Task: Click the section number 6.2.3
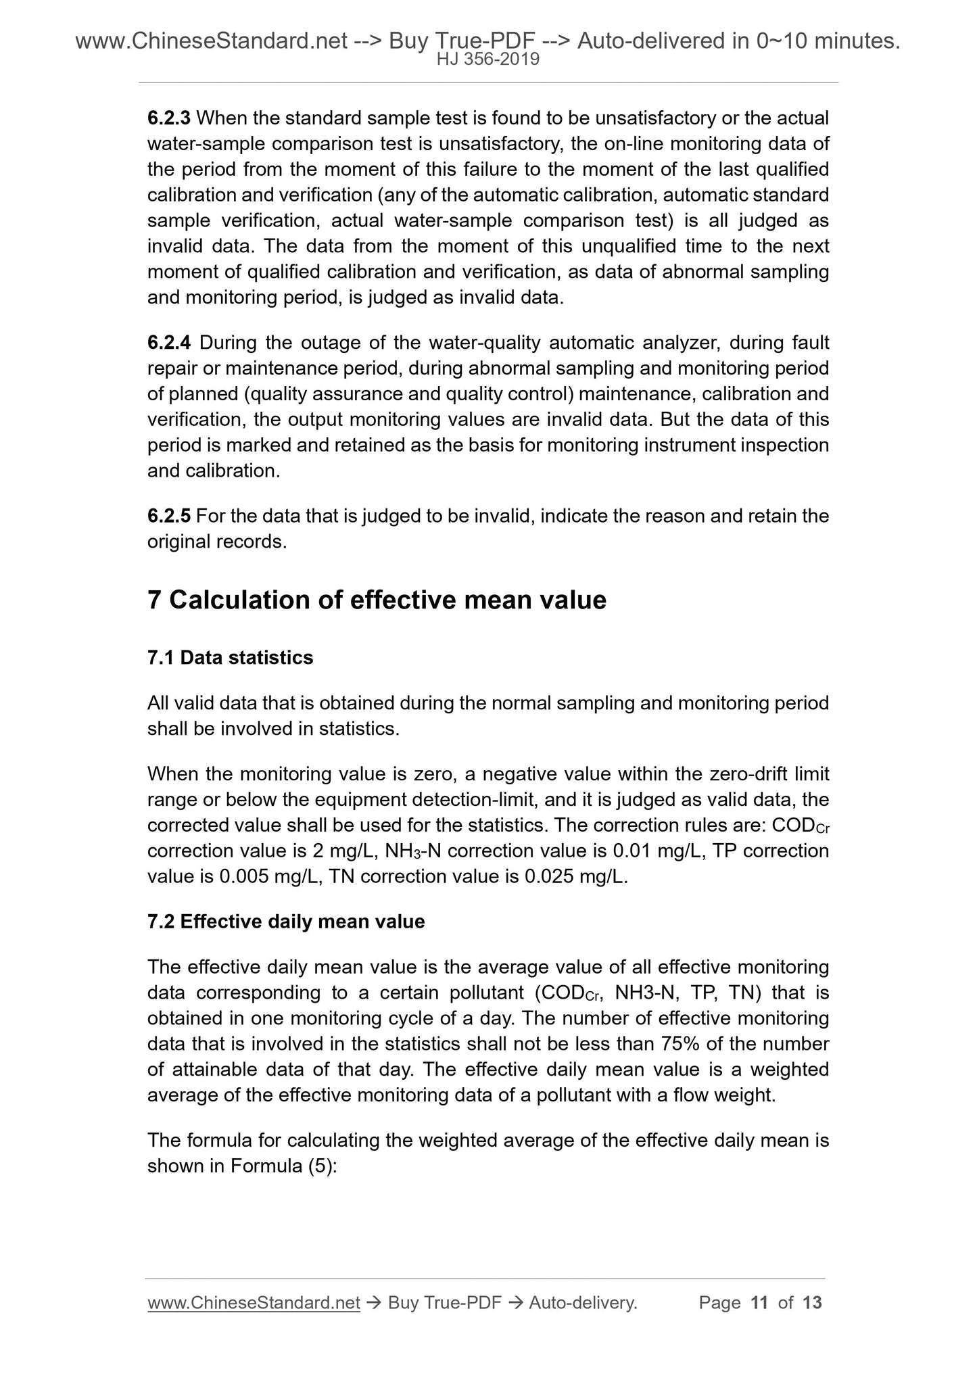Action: pos(169,118)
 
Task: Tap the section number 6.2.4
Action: pos(169,343)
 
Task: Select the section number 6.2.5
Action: pos(169,517)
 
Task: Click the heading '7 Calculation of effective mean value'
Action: pos(377,600)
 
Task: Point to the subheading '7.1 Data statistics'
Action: pos(230,658)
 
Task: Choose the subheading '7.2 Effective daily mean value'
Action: pos(286,922)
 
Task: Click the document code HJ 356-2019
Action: pos(488,59)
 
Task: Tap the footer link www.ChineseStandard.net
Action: pos(254,1303)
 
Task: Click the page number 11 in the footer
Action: pos(759,1303)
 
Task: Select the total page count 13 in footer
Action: pos(812,1303)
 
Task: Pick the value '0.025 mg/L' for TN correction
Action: pos(576,877)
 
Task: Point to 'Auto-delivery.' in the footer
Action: pos(583,1303)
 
